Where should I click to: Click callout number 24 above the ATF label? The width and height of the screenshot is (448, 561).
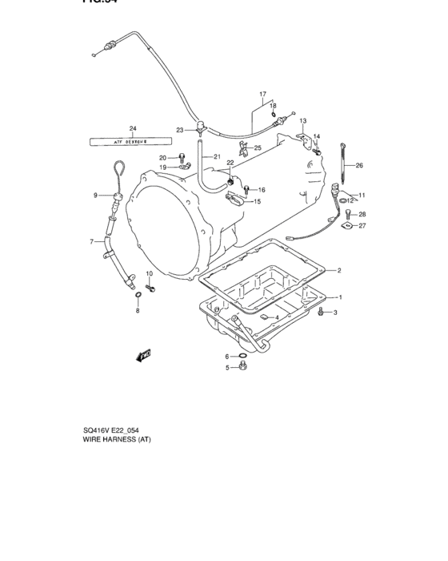[x=133, y=129]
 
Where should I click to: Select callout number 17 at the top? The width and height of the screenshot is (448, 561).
[x=262, y=95]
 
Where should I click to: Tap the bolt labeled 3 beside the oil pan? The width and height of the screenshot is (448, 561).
[x=322, y=312]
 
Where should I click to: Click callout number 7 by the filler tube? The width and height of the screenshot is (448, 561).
[x=91, y=241]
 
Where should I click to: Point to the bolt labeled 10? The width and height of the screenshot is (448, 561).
[x=150, y=285]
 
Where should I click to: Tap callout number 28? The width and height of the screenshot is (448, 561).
[x=362, y=214]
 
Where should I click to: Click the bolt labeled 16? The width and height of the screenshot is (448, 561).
[x=246, y=190]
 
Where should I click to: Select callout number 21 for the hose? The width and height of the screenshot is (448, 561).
[x=216, y=158]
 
